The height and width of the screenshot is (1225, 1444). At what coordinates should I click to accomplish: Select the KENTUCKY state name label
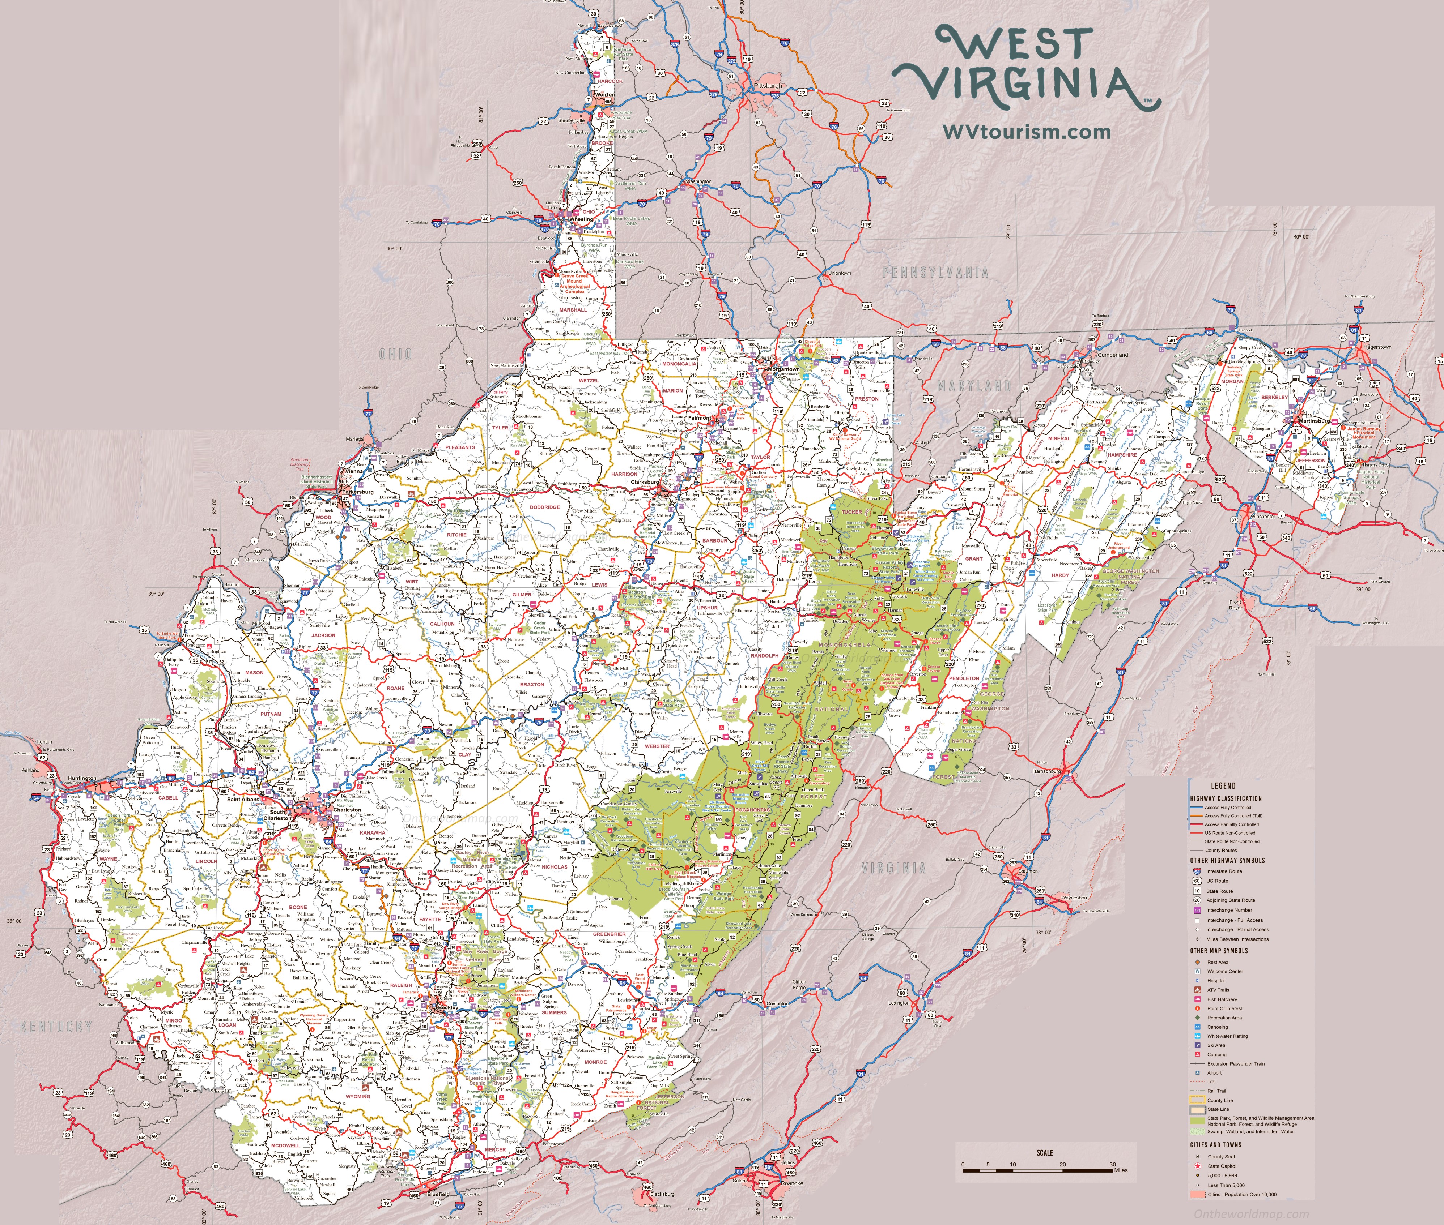click(56, 1027)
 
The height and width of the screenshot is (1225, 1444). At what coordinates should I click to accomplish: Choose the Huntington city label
click(82, 779)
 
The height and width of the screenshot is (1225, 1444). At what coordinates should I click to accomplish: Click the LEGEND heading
click(1223, 785)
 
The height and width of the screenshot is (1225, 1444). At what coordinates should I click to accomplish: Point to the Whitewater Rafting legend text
click(1227, 1036)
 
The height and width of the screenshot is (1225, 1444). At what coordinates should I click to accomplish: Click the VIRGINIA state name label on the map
click(893, 868)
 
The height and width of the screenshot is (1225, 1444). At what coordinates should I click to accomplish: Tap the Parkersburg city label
click(358, 492)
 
